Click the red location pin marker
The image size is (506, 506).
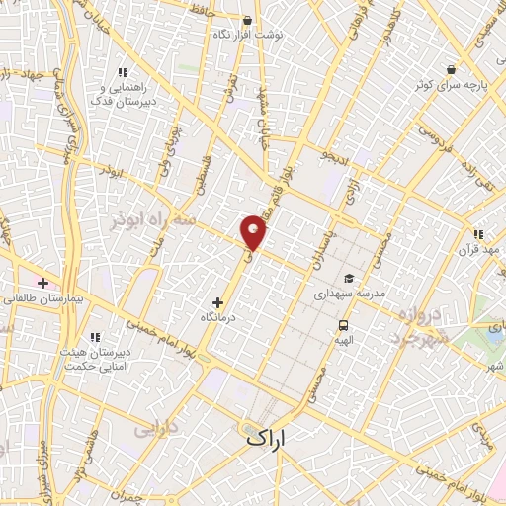(x=254, y=232)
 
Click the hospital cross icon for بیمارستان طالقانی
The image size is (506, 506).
(x=42, y=283)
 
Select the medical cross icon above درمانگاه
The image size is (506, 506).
(x=218, y=301)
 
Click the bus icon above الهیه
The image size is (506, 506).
(x=343, y=324)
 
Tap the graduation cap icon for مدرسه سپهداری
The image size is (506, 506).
(x=347, y=279)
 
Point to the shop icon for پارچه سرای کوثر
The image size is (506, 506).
(x=451, y=70)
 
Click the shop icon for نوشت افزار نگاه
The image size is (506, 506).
(x=247, y=20)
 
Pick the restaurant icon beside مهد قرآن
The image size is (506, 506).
(x=478, y=234)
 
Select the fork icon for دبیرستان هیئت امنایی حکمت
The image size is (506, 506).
(x=95, y=337)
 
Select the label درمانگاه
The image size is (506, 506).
(x=218, y=316)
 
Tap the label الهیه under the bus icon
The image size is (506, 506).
(x=343, y=339)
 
